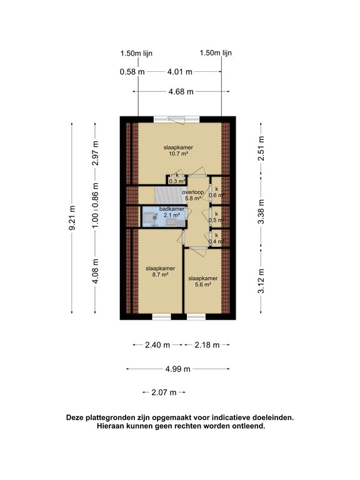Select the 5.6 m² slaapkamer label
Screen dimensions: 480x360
[x=202, y=281]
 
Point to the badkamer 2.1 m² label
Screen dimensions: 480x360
[x=171, y=212]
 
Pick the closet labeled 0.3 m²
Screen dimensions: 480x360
[x=177, y=178]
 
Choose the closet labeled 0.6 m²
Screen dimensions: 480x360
[x=217, y=191]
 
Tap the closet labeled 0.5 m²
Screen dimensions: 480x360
[x=217, y=216]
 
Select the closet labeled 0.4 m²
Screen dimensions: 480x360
[x=217, y=237]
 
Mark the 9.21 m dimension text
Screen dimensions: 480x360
[x=72, y=218]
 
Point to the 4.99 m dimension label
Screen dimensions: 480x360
[x=178, y=369]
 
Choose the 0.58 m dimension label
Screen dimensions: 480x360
[x=132, y=72]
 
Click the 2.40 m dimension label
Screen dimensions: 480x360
[x=157, y=344]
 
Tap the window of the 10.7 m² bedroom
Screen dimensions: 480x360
[x=178, y=117]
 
